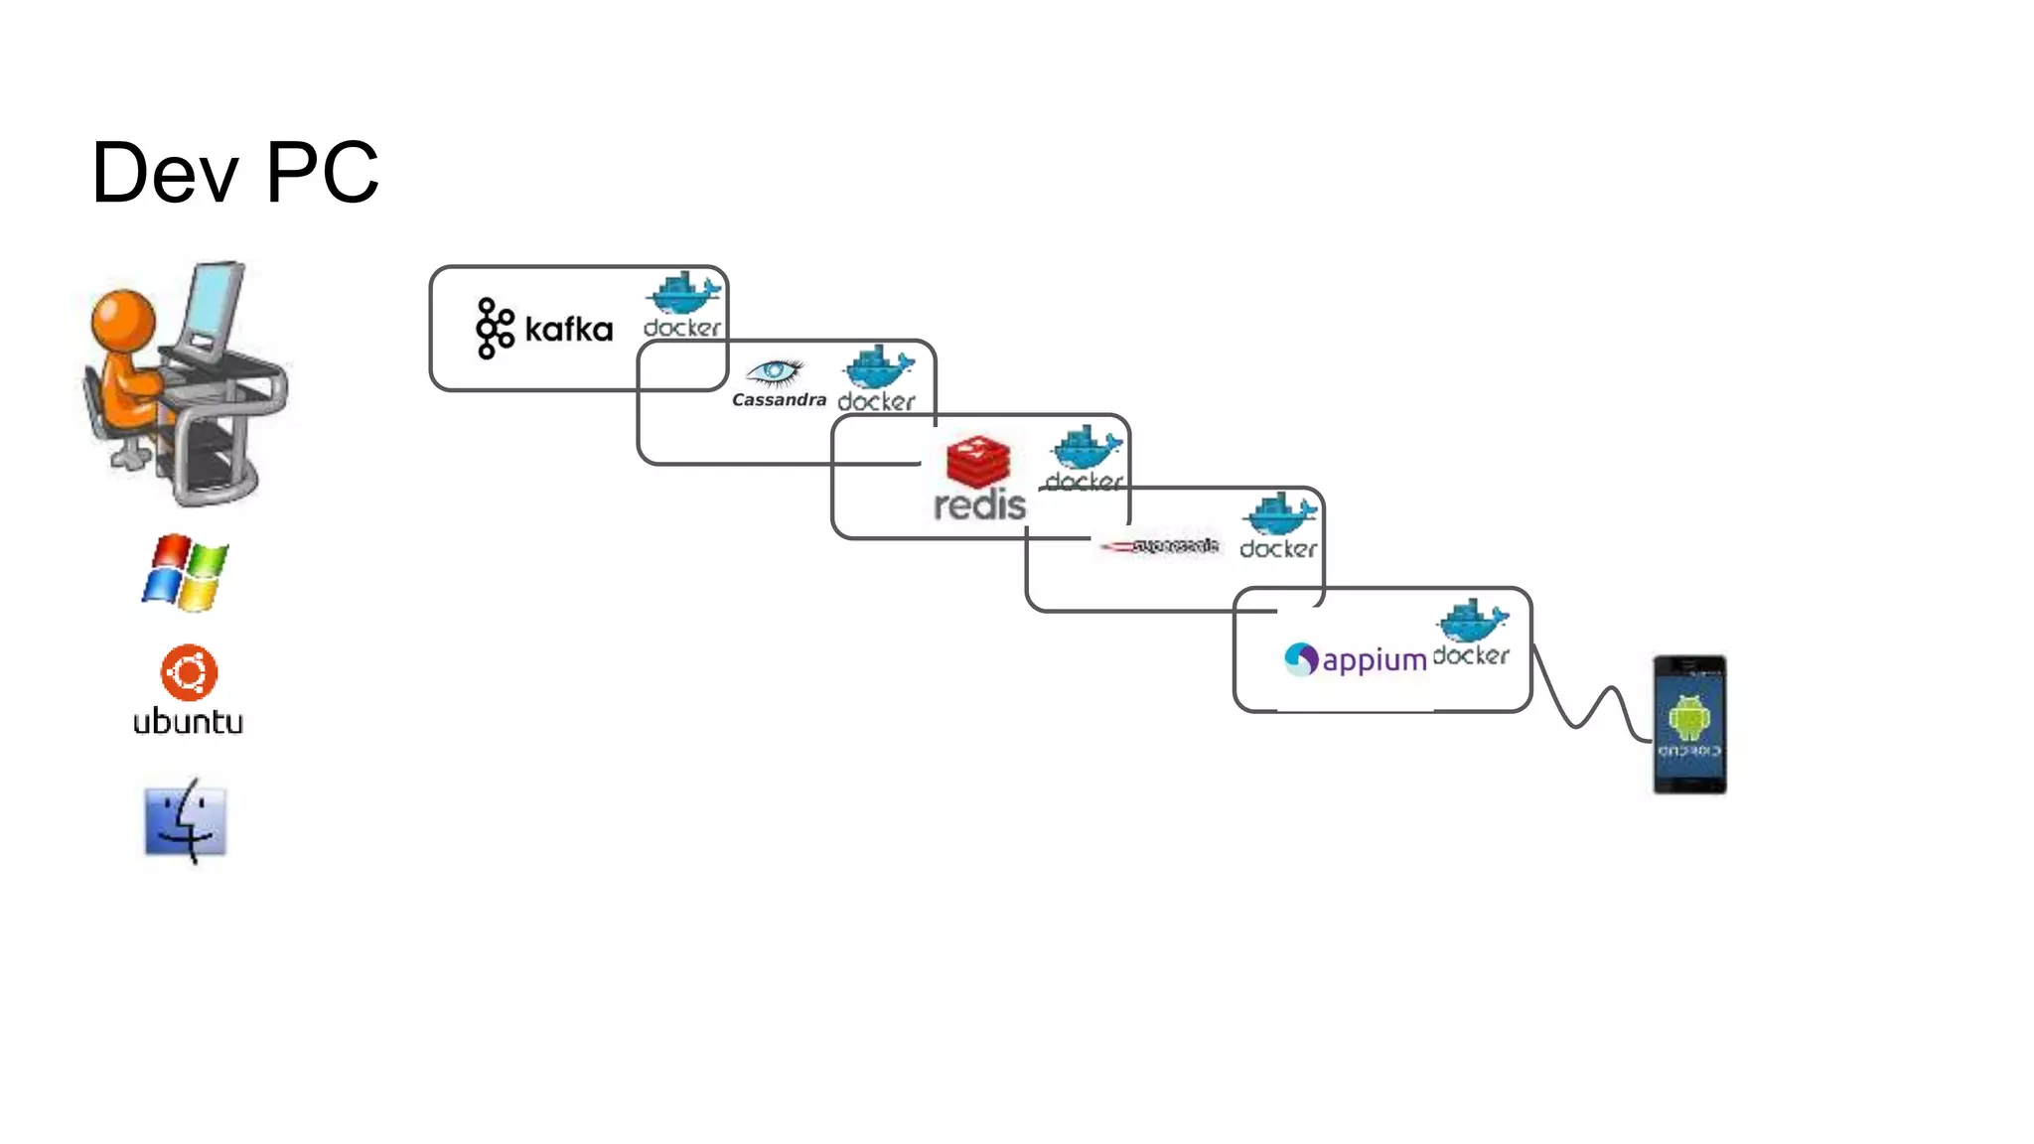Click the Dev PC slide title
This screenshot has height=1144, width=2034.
point(234,173)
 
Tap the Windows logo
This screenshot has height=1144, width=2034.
point(186,573)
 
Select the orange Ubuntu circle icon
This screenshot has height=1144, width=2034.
point(189,672)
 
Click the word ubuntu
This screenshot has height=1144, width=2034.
point(188,722)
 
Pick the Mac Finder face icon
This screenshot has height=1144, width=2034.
point(186,821)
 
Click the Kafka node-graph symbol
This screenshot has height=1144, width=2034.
point(494,328)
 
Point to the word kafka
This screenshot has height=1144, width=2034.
point(568,330)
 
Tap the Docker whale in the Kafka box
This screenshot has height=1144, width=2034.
point(683,293)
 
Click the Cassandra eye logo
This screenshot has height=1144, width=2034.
point(775,372)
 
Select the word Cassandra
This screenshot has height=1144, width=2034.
point(779,400)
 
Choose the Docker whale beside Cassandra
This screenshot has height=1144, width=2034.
point(878,367)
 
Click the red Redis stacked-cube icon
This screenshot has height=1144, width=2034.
point(978,462)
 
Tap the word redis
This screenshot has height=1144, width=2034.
point(979,505)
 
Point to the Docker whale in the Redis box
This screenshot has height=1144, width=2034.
point(1087,448)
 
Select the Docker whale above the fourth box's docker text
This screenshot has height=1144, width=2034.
point(1279,514)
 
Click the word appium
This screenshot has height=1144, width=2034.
point(1375,660)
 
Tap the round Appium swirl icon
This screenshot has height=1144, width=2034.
point(1300,658)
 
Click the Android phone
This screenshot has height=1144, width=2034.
point(1689,724)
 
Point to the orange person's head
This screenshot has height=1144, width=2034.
point(123,319)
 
